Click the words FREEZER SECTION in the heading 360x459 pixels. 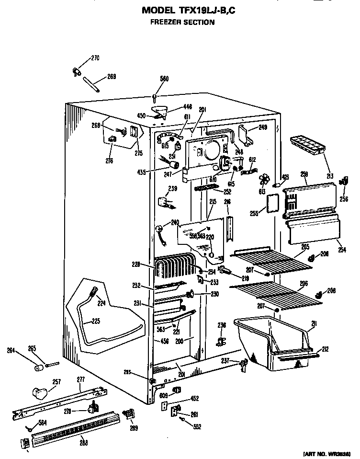pyautogui.click(x=182, y=22)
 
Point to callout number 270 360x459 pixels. pyautogui.click(x=95, y=58)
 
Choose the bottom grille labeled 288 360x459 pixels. pyautogui.click(x=72, y=424)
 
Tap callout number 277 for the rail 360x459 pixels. pyautogui.click(x=81, y=379)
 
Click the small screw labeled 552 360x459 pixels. pyautogui.click(x=183, y=419)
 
